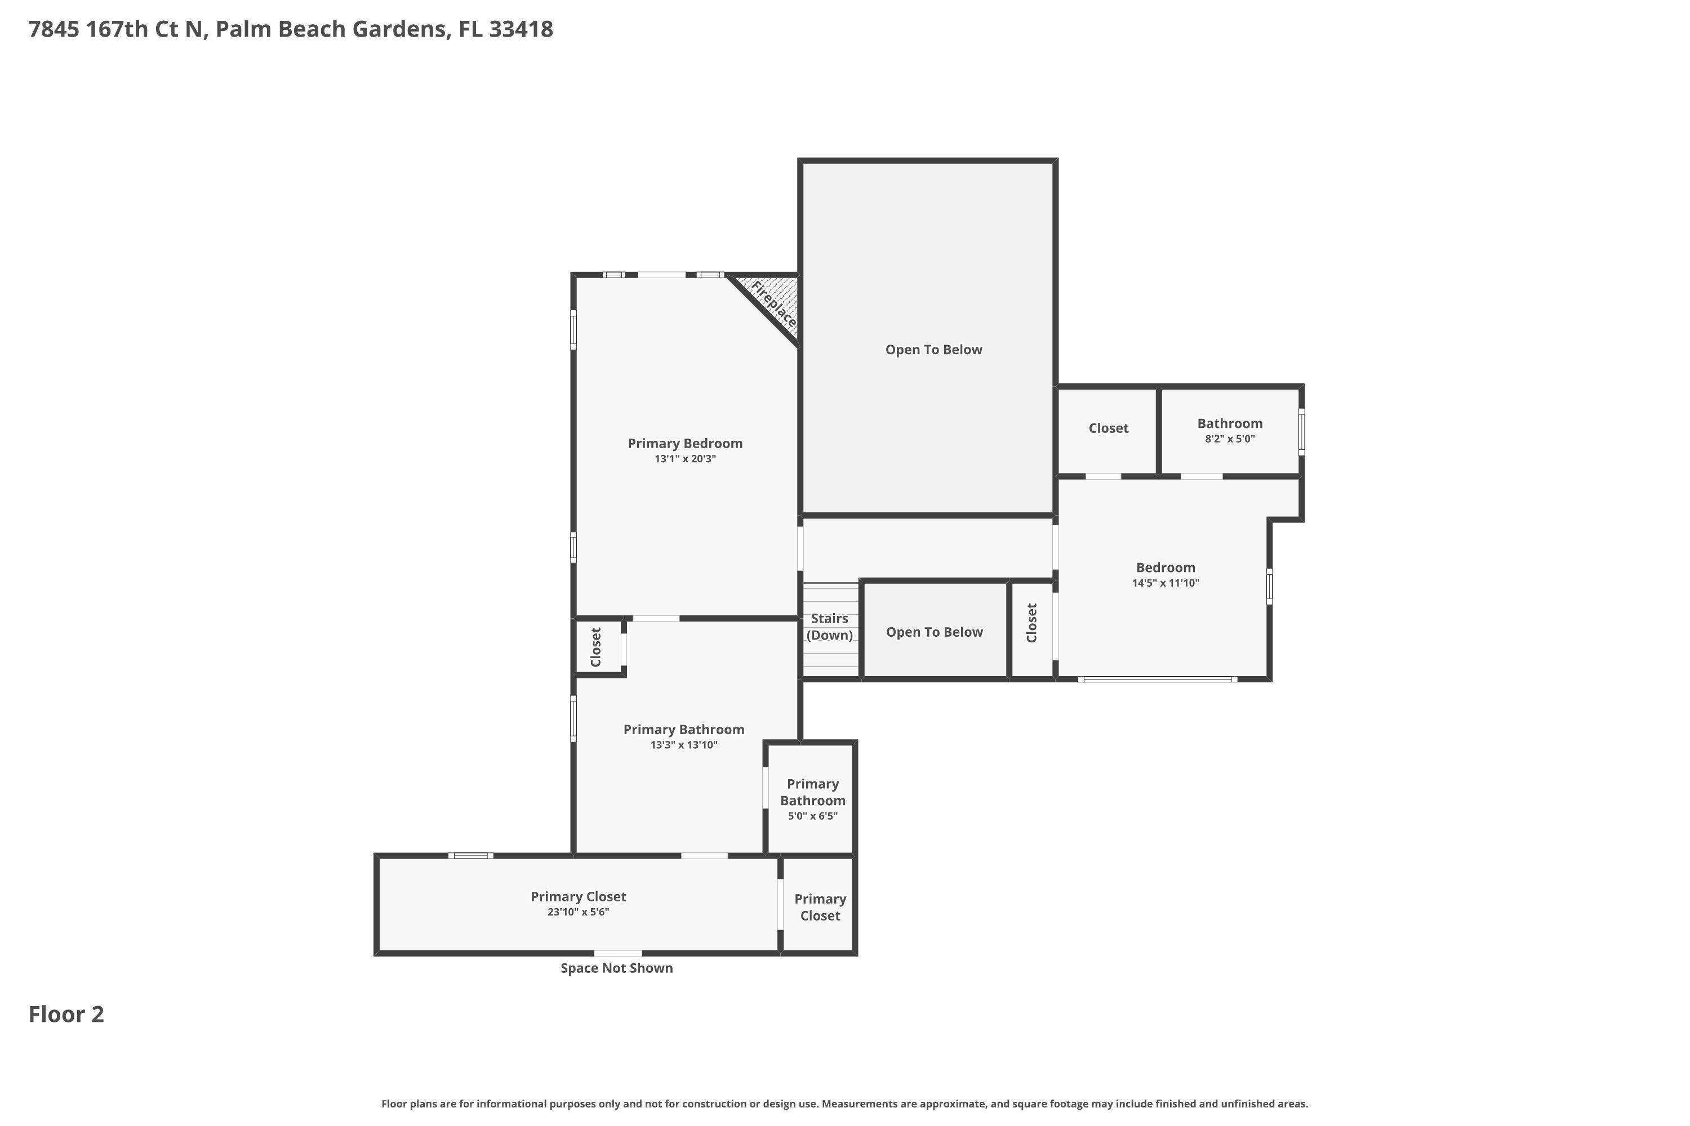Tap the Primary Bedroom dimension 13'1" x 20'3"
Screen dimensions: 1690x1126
coord(685,459)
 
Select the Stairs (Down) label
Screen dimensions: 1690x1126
coord(829,626)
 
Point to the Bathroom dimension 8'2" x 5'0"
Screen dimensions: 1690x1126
coord(1229,439)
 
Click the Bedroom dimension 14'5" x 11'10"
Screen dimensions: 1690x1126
coord(1166,583)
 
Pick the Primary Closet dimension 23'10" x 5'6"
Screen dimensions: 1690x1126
coord(578,912)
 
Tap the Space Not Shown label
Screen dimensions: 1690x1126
coord(616,968)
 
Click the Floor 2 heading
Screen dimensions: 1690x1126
coord(66,1014)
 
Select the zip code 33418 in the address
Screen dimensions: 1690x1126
coord(521,29)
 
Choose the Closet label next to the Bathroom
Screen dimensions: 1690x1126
coord(1108,428)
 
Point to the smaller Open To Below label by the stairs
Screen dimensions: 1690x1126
coord(934,632)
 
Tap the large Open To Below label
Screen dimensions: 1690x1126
coord(933,350)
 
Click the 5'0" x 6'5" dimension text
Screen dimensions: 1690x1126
coord(813,816)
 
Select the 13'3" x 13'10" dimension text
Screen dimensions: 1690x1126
coord(684,745)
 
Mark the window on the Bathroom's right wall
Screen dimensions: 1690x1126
coord(1301,432)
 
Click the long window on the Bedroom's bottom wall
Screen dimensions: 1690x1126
coord(1158,678)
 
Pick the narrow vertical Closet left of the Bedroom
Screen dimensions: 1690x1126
coord(1032,629)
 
